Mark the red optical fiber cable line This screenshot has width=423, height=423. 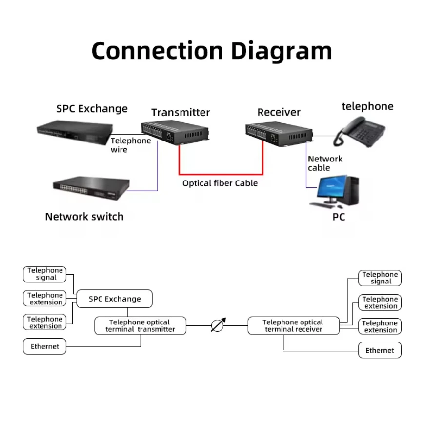click(221, 173)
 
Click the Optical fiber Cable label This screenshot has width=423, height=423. click(220, 183)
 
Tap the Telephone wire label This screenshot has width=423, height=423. click(130, 145)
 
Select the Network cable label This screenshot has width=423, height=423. click(325, 163)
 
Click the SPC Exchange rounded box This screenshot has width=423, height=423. click(115, 299)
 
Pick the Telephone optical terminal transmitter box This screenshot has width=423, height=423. click(140, 326)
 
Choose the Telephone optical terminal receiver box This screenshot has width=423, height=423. click(293, 326)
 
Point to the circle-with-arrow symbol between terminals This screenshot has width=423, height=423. click(218, 325)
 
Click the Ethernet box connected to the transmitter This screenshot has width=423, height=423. click(45, 347)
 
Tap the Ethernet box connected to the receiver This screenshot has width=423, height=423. click(380, 350)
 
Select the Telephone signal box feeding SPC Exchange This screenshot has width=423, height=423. click(45, 274)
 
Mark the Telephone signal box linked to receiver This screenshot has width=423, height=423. click(380, 278)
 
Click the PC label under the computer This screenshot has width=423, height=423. click(339, 217)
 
